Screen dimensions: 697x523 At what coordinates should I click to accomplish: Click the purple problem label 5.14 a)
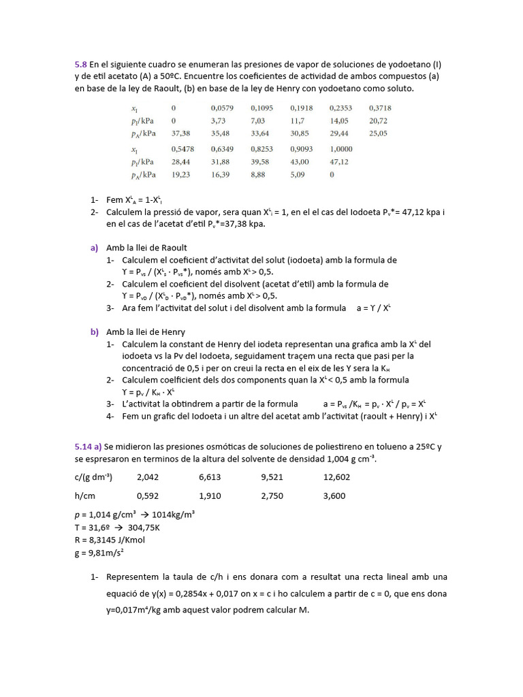pyautogui.click(x=89, y=447)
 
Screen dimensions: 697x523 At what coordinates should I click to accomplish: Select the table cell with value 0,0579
pyautogui.click(x=222, y=108)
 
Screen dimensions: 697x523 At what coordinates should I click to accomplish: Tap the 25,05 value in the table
pyautogui.click(x=378, y=133)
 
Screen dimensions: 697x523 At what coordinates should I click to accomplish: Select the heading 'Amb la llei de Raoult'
pyautogui.click(x=146, y=248)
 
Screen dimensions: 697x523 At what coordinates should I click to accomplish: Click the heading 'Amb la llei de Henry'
pyautogui.click(x=146, y=332)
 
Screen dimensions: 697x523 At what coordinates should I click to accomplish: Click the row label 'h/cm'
pyautogui.click(x=84, y=496)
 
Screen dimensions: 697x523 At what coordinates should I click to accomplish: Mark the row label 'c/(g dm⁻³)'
pyautogui.click(x=94, y=477)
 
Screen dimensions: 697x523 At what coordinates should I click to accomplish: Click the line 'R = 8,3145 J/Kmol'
pyautogui.click(x=110, y=540)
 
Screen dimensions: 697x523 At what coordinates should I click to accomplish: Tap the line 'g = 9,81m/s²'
pyautogui.click(x=99, y=553)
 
